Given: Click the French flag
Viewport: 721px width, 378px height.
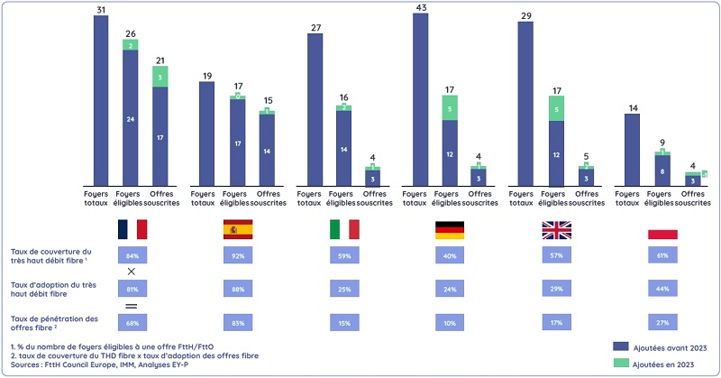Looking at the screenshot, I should [x=132, y=229].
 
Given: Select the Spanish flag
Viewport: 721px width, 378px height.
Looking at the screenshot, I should [x=238, y=229].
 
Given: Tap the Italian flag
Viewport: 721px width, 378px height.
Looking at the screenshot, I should [x=343, y=229].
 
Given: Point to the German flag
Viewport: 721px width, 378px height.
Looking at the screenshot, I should [x=449, y=229].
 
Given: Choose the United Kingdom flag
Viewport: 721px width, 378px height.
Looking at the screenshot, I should [x=556, y=229].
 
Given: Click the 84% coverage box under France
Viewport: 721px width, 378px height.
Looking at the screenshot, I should [x=132, y=255].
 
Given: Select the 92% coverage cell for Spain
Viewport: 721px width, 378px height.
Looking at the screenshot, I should [x=238, y=255].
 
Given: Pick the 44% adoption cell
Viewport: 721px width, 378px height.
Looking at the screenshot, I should [x=662, y=289].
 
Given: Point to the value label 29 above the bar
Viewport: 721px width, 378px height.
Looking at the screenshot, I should [x=525, y=16].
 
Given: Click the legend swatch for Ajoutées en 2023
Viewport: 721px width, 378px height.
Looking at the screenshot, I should [x=620, y=362].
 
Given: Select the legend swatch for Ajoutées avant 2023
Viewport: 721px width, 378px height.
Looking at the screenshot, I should [x=620, y=346].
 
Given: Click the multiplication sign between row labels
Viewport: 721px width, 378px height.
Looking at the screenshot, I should [x=132, y=272].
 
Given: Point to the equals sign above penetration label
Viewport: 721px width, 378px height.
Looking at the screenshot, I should [x=132, y=306].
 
